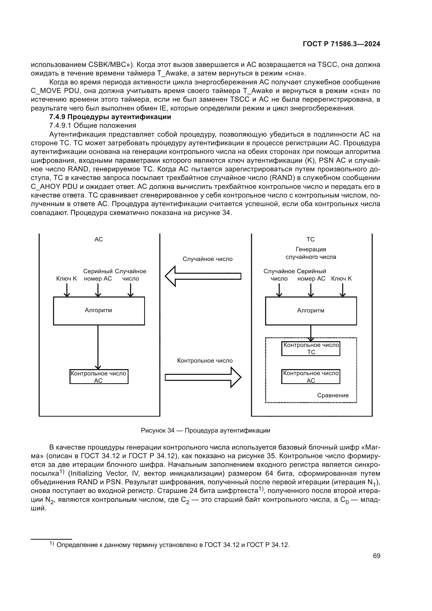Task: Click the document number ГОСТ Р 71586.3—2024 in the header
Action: coord(341,44)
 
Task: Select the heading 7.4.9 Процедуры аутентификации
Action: coord(110,117)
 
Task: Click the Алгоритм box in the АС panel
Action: coord(99,311)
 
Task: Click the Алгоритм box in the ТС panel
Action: coord(311,311)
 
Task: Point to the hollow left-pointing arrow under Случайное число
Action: coord(203,276)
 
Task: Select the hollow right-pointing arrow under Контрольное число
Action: coord(203,377)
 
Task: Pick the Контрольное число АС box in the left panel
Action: coord(99,377)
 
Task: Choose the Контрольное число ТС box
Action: coord(311,348)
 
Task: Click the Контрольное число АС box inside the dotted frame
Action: coord(311,377)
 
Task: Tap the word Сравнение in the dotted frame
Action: coord(332,395)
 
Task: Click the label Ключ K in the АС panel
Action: coord(67,279)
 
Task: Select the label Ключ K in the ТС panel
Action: coord(341,279)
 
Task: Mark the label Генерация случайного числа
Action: coord(311,253)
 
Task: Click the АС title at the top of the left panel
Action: coord(99,239)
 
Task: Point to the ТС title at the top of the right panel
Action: coord(311,239)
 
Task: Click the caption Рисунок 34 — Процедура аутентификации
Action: coord(205,430)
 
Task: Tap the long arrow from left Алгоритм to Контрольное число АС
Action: coord(98,346)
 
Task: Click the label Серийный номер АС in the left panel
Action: coord(98,275)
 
